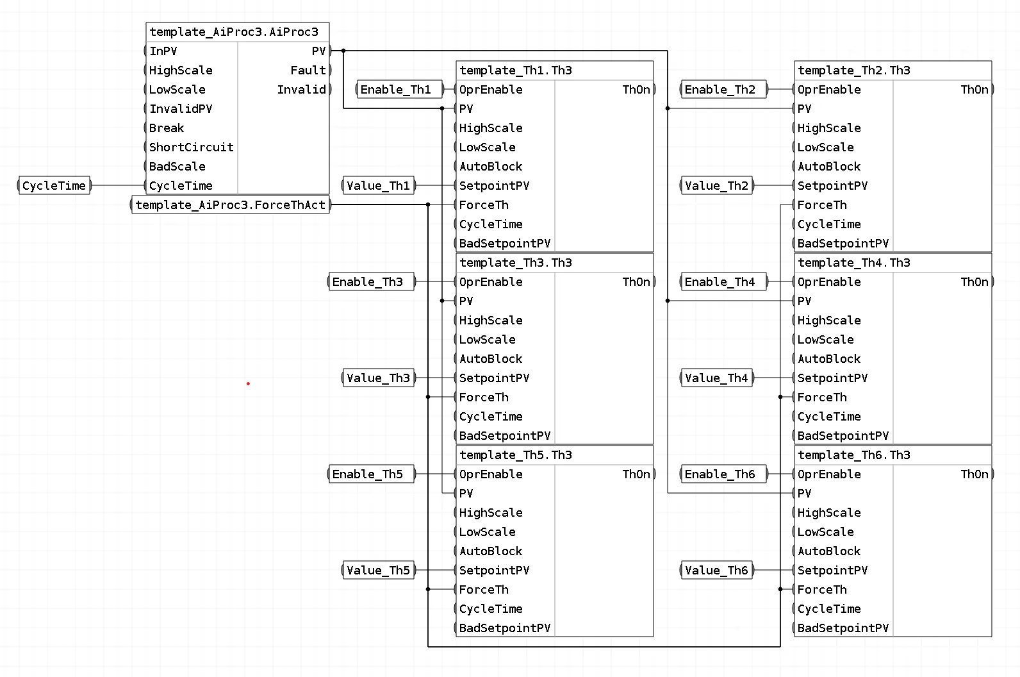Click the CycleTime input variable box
(x=54, y=185)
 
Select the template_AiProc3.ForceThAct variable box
(x=231, y=205)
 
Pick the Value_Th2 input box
(x=717, y=185)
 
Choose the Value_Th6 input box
(x=717, y=570)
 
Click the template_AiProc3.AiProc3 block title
(x=234, y=32)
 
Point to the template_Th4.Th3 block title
(x=854, y=262)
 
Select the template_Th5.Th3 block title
(x=516, y=455)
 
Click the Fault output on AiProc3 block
(x=308, y=70)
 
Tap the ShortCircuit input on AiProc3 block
(x=191, y=147)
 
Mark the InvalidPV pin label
(x=181, y=108)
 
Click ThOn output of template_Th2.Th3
(x=975, y=89)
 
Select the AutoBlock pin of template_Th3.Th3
(x=491, y=358)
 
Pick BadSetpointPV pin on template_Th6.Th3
(x=843, y=628)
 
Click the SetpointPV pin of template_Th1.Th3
(x=494, y=185)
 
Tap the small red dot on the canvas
(x=248, y=383)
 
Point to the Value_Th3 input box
(x=379, y=378)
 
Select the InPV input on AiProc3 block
(x=163, y=51)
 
